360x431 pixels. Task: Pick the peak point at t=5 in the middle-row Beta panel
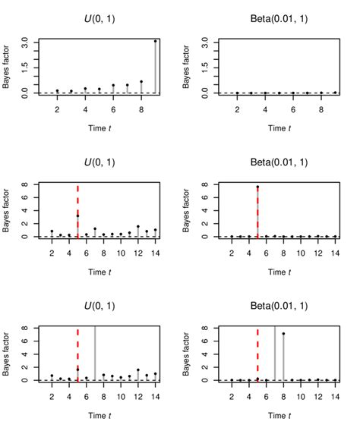257,187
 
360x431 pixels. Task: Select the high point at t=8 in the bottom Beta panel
283,334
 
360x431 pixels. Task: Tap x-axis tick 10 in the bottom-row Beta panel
300,396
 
